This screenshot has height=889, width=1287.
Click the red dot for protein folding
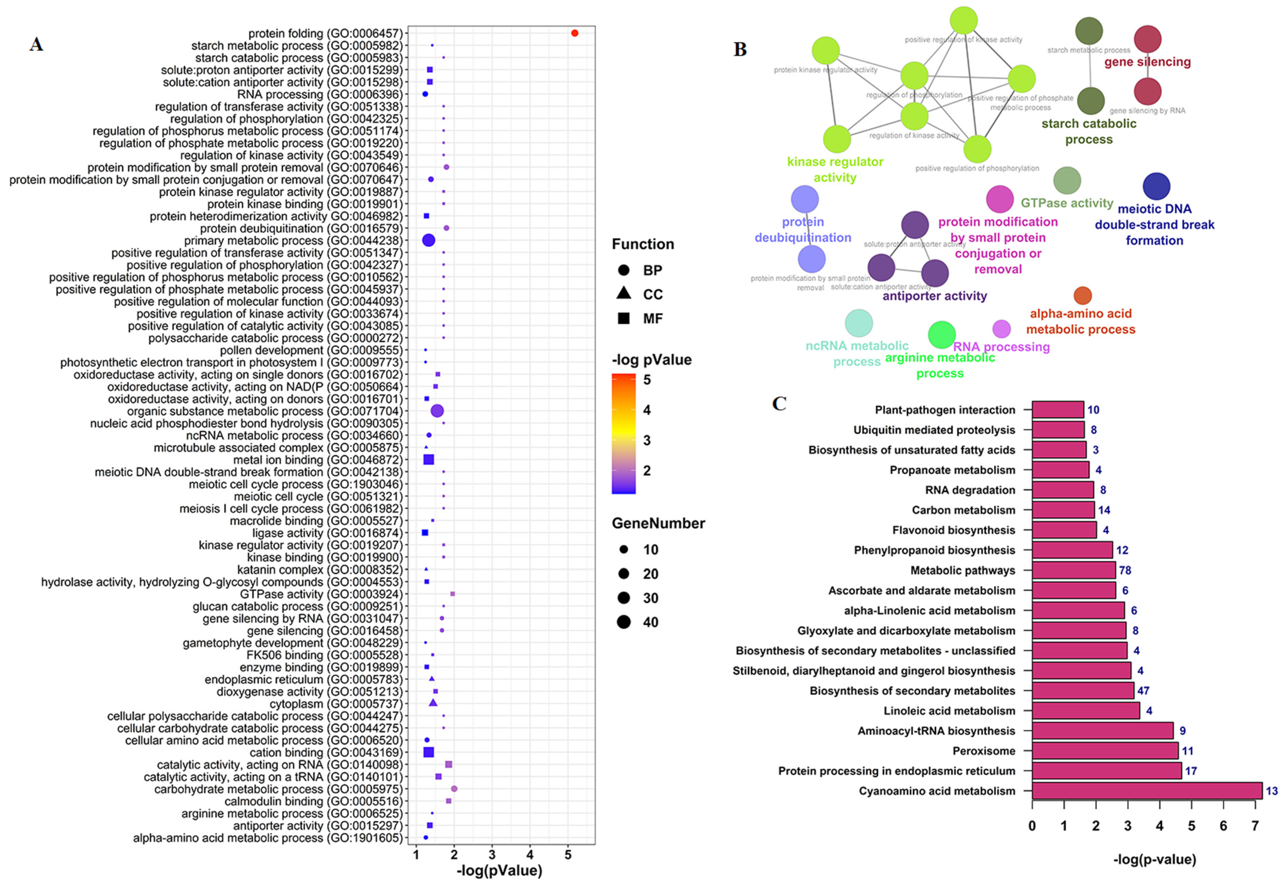[x=574, y=33]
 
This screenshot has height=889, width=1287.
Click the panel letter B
[x=740, y=50]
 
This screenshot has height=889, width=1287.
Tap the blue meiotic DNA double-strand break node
[x=1156, y=187]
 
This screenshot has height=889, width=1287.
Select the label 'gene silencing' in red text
[x=1147, y=62]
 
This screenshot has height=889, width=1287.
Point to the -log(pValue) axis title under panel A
[x=499, y=871]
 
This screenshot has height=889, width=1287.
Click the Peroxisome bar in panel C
[x=1105, y=750]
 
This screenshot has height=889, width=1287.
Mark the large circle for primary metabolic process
[x=428, y=240]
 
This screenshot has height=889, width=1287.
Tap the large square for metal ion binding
[x=428, y=459]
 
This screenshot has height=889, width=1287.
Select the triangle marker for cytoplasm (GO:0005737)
[x=433, y=703]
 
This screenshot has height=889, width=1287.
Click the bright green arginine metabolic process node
[x=941, y=335]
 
